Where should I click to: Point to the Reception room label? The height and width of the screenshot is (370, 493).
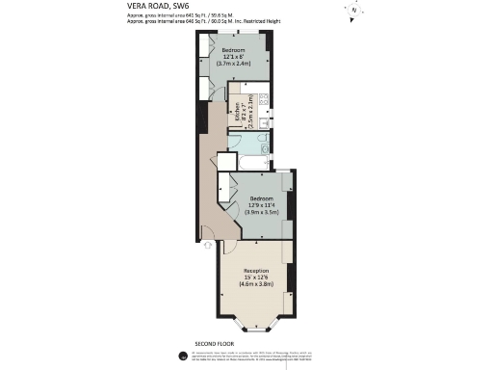coord(256,271)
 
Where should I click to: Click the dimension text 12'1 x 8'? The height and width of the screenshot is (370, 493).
coord(234,57)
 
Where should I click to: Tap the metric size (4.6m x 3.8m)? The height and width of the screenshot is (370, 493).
coord(258,284)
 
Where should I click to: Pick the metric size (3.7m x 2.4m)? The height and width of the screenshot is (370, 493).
coord(234,64)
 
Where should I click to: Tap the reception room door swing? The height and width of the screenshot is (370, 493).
coord(231,246)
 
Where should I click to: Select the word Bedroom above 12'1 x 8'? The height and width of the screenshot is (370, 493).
coord(234,50)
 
